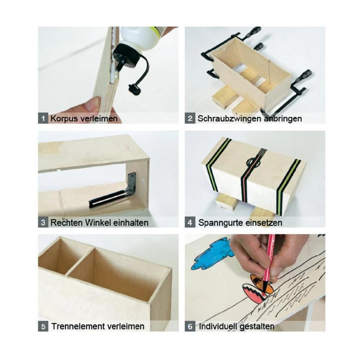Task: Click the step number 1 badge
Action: (x=43, y=118)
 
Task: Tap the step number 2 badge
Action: (x=190, y=118)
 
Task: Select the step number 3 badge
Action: (x=43, y=222)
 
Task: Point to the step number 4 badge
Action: (x=190, y=222)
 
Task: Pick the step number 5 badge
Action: (x=43, y=327)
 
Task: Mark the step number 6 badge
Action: (x=190, y=327)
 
